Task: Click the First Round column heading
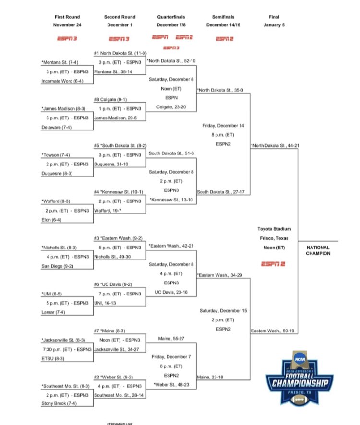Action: [x=68, y=17]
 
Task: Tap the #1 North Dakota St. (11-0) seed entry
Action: [x=120, y=54]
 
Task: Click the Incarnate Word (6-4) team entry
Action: [x=62, y=81]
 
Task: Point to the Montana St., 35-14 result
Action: [x=113, y=71]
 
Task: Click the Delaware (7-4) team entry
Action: [x=56, y=128]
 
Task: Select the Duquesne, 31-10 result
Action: [x=111, y=164]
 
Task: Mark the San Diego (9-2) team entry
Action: [x=58, y=266]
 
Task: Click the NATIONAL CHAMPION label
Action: [x=318, y=250]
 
